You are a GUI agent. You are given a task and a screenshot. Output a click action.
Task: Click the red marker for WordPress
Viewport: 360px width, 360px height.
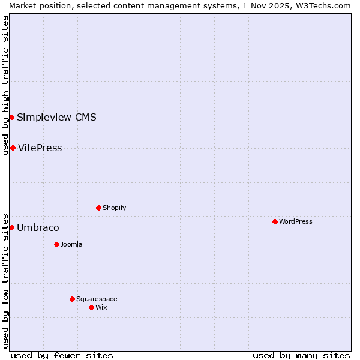[x=275, y=221]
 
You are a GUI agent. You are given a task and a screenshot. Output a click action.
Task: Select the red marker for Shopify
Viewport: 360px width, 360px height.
[x=98, y=208]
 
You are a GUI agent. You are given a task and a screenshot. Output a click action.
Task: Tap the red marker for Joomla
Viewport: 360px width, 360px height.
[x=56, y=244]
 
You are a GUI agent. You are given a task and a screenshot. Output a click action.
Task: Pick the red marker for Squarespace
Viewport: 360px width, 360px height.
[x=72, y=299]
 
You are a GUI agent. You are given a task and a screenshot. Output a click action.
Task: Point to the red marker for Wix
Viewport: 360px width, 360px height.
[x=91, y=307]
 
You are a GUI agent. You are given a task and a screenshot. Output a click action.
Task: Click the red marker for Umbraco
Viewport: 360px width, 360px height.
[x=11, y=227]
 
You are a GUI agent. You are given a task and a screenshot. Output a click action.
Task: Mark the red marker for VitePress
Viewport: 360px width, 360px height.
[x=13, y=148]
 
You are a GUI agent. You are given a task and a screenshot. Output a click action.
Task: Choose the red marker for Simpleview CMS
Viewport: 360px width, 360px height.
[x=11, y=117]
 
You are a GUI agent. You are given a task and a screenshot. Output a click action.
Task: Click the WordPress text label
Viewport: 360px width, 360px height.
[x=296, y=221]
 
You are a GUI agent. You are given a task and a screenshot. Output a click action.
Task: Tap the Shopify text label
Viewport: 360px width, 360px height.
[x=114, y=208]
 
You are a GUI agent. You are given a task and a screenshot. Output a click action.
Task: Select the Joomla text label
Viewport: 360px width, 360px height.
[x=71, y=244]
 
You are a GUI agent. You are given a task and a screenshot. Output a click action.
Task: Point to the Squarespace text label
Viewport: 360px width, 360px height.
[x=97, y=299]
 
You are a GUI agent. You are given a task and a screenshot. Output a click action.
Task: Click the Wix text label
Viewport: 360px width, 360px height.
[x=101, y=307]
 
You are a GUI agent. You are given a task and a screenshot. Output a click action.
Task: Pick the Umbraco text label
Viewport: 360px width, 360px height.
[x=38, y=227]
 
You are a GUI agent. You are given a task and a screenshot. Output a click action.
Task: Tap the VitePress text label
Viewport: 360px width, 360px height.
[x=40, y=148]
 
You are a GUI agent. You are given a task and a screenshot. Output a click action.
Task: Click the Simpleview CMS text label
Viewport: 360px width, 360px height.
[x=56, y=117]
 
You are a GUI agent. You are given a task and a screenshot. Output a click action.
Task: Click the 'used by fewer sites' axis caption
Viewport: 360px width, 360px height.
[x=62, y=355]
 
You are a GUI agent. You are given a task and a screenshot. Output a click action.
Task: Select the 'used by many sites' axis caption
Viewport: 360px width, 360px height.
[x=301, y=355]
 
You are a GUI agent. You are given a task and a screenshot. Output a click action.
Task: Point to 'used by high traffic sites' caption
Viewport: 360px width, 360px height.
[x=5, y=85]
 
